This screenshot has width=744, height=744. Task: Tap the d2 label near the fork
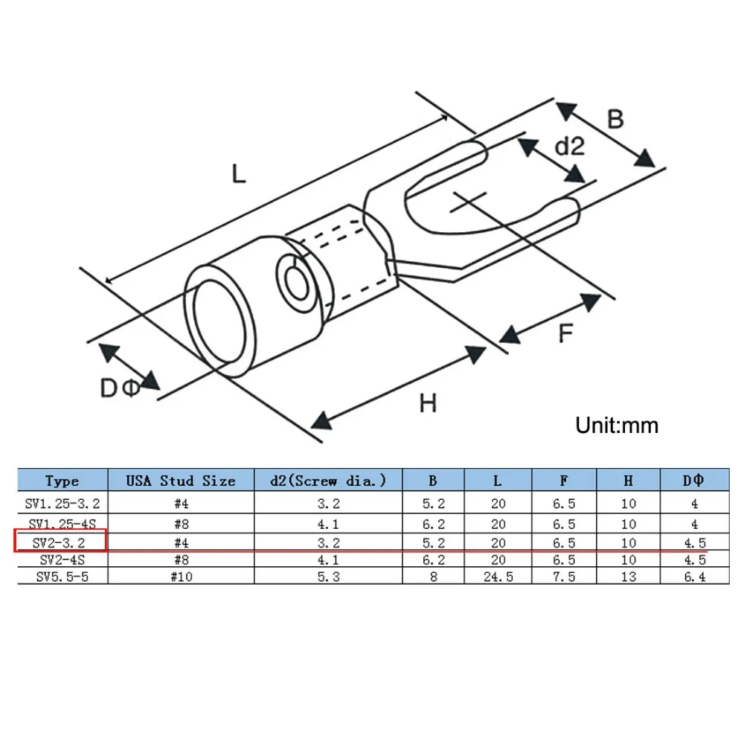tap(570, 146)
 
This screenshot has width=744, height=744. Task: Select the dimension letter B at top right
tap(615, 119)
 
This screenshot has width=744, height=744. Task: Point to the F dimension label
tap(565, 333)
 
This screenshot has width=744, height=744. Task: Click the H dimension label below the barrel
tap(428, 403)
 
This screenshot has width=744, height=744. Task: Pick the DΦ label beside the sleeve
tap(121, 388)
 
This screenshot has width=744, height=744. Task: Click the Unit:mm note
tap(617, 425)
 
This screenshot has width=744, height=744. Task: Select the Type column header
tap(62, 481)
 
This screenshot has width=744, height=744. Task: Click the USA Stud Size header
tap(181, 481)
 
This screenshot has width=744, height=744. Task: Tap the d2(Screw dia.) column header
tap(328, 481)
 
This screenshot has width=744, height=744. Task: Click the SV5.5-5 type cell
tap(62, 577)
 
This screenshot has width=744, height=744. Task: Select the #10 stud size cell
tap(182, 577)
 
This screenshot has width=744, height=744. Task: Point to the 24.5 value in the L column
tap(498, 577)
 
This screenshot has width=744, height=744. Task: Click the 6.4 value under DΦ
tap(695, 577)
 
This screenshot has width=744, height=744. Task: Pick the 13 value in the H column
tap(628, 577)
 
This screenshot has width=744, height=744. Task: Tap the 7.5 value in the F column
tap(564, 577)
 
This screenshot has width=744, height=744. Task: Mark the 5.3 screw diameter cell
tap(328, 577)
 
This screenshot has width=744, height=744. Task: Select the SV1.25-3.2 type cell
tap(62, 504)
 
